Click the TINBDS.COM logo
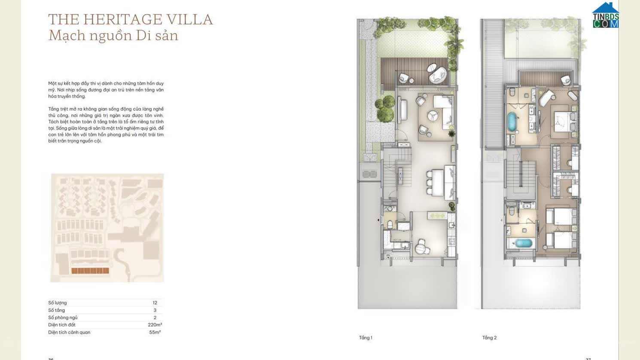coord(605,16)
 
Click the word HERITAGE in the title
coord(123,20)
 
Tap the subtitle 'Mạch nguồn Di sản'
coord(113,36)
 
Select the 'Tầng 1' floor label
coord(365,338)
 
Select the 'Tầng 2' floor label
coord(489,338)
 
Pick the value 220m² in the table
coord(155,325)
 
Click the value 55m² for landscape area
coord(155,332)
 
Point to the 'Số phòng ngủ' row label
coord(63,317)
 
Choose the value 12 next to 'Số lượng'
coord(155,303)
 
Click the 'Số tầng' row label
coord(56,310)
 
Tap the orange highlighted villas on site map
coord(90,271)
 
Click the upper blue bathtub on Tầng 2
coord(512,122)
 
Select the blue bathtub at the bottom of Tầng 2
coord(524,244)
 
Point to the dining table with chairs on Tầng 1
coord(438,183)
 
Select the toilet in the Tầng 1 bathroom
coord(390,223)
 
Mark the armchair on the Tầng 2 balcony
coord(565,79)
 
